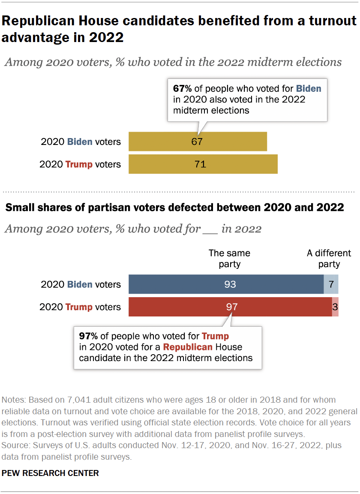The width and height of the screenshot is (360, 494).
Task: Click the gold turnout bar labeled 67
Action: (198, 142)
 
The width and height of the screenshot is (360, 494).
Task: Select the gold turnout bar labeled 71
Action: (203, 164)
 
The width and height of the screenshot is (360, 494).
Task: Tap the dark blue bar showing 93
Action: (226, 284)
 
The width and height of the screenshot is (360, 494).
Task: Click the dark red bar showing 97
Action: (230, 307)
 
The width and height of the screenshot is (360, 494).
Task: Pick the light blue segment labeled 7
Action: (331, 284)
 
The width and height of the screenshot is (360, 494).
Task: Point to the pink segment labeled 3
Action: (335, 307)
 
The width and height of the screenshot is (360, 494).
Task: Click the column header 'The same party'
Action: (229, 259)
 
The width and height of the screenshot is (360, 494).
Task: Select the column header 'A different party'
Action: (329, 259)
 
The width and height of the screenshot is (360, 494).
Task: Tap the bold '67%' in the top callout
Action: (182, 89)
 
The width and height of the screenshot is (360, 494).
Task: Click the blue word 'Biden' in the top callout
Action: (308, 89)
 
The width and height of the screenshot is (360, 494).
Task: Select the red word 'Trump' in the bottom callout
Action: (215, 336)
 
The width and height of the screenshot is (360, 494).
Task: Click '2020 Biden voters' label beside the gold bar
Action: (81, 142)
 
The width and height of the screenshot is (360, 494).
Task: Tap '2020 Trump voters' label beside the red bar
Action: (80, 307)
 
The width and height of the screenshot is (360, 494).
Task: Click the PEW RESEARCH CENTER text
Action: (50, 473)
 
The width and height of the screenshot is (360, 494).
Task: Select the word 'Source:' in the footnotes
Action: (15, 446)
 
